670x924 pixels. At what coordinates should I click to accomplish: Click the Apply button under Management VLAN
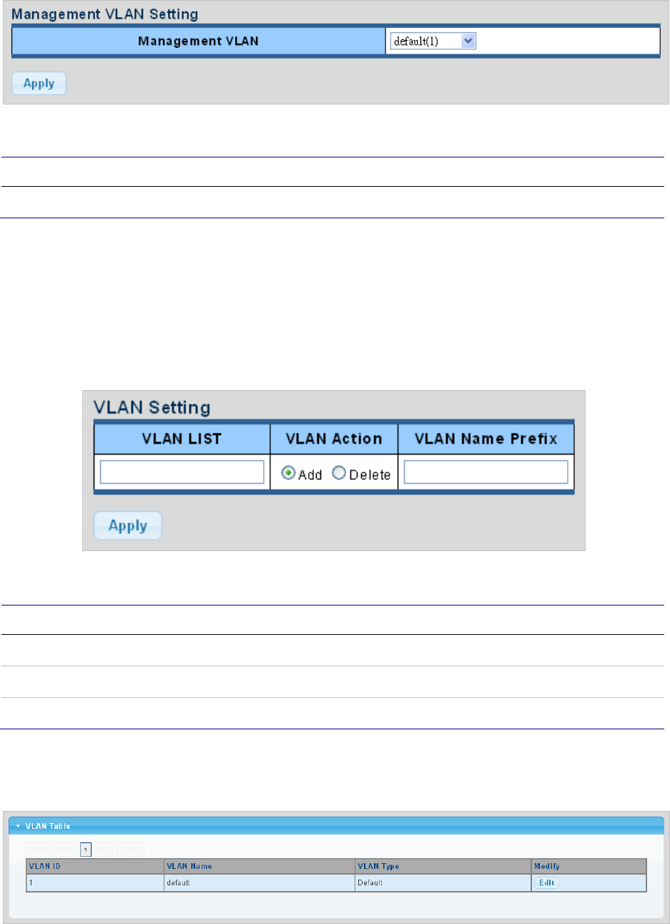pyautogui.click(x=39, y=84)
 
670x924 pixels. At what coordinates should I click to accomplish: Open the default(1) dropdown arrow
pyautogui.click(x=468, y=42)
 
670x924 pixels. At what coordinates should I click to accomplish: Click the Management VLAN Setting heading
pyautogui.click(x=105, y=14)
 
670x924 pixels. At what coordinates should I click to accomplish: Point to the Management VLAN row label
pyautogui.click(x=198, y=42)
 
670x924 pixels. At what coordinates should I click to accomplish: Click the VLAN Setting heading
pyautogui.click(x=152, y=408)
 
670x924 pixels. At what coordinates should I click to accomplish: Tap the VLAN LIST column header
pyautogui.click(x=182, y=439)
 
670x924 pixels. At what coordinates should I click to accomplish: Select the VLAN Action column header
pyautogui.click(x=334, y=439)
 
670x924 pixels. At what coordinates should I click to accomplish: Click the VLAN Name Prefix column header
pyautogui.click(x=486, y=439)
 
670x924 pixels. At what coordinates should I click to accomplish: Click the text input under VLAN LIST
pyautogui.click(x=182, y=472)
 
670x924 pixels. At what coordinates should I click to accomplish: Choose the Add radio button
pyautogui.click(x=289, y=473)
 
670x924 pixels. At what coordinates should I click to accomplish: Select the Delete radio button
pyautogui.click(x=339, y=473)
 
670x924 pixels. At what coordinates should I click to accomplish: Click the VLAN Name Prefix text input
pyautogui.click(x=486, y=472)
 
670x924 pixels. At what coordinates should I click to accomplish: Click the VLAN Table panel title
pyautogui.click(x=48, y=826)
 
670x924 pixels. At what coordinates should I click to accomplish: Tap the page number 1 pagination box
pyautogui.click(x=86, y=850)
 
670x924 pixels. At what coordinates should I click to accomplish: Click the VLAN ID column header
pyautogui.click(x=45, y=866)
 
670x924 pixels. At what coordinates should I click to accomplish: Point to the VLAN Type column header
pyautogui.click(x=378, y=866)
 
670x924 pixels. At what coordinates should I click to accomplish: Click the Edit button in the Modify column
pyautogui.click(x=546, y=882)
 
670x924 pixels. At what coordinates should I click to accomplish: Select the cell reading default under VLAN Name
pyautogui.click(x=178, y=882)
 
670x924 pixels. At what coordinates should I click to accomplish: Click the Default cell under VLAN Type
pyautogui.click(x=370, y=882)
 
